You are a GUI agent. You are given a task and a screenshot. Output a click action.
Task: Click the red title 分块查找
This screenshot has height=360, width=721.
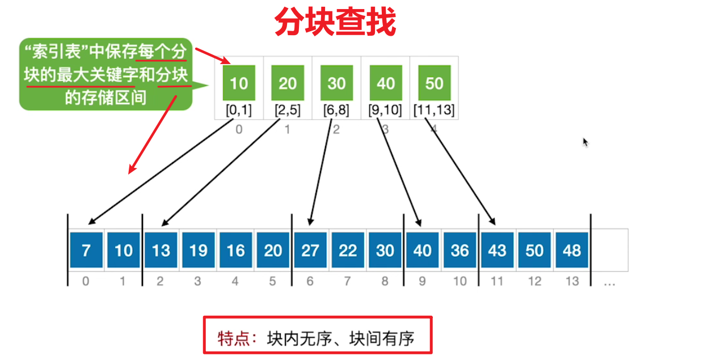(335, 22)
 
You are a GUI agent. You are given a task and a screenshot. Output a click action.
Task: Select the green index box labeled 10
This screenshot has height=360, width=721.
(239, 83)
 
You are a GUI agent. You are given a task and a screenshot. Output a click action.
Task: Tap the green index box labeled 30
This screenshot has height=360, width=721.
(337, 83)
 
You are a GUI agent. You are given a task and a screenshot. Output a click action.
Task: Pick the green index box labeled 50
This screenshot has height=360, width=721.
(435, 83)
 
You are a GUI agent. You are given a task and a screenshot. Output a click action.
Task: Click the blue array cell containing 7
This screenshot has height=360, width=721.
(86, 250)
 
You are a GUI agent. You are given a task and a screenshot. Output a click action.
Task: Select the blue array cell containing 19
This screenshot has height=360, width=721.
(199, 250)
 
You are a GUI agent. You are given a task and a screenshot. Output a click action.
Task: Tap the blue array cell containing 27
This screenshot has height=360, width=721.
(310, 250)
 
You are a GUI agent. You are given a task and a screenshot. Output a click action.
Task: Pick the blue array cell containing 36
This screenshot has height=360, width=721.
(459, 250)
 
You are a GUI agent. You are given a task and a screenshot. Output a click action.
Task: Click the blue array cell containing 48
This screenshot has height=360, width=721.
(572, 250)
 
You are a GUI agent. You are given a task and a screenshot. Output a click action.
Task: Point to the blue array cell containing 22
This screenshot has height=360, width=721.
(348, 250)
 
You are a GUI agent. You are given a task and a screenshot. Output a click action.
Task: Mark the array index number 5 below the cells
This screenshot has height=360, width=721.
(272, 281)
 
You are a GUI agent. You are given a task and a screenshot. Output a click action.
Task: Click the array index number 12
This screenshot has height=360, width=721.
(534, 281)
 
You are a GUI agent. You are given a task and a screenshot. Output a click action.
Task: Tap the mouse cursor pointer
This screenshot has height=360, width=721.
(585, 142)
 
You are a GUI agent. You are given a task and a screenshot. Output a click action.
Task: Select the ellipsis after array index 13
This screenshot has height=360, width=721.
(610, 285)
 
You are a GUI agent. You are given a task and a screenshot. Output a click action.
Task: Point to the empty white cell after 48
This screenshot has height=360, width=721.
(610, 250)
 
